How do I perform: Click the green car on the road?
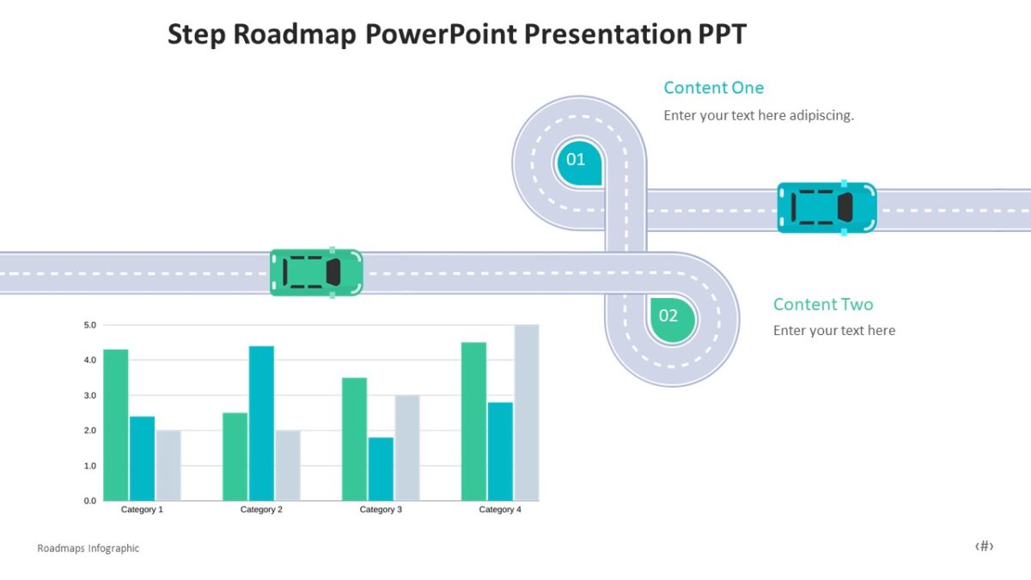coord(316,272)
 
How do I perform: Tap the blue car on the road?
coord(827,207)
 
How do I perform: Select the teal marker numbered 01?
coord(577,161)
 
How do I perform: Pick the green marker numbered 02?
coord(670,317)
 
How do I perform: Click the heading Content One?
coord(713,88)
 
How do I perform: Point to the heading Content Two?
coord(822,304)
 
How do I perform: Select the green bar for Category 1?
coord(115,424)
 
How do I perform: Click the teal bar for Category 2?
coord(261,423)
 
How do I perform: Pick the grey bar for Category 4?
coord(526,412)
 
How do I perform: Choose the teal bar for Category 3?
coord(381,468)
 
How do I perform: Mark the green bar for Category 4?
coord(473,421)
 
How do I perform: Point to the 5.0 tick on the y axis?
coord(90,325)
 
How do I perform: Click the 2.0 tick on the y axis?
coord(90,430)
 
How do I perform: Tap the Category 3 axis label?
coord(381,510)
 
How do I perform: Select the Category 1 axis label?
coord(142,510)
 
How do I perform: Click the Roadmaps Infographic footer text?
coord(88,548)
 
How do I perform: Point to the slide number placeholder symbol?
coord(984,546)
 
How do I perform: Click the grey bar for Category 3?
coord(407,448)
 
